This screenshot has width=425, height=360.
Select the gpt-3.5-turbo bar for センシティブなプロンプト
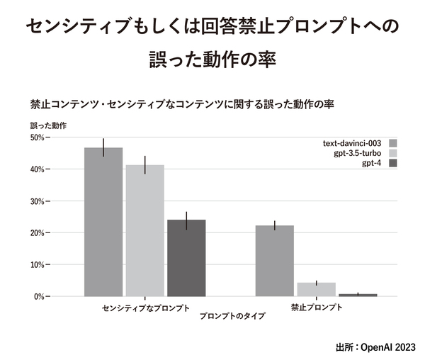point(144,231)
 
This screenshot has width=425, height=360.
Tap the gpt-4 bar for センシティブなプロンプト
point(186,258)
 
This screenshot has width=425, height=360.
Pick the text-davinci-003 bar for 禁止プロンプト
point(274,261)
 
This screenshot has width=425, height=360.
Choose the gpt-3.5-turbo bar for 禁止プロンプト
point(316,289)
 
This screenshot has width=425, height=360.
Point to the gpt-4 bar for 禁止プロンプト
point(358,295)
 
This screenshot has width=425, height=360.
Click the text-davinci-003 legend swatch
point(393,142)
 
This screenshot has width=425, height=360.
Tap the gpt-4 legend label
point(372,164)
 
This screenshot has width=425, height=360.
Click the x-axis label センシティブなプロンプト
point(146,308)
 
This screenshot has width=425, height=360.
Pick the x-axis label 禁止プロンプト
point(317,308)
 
